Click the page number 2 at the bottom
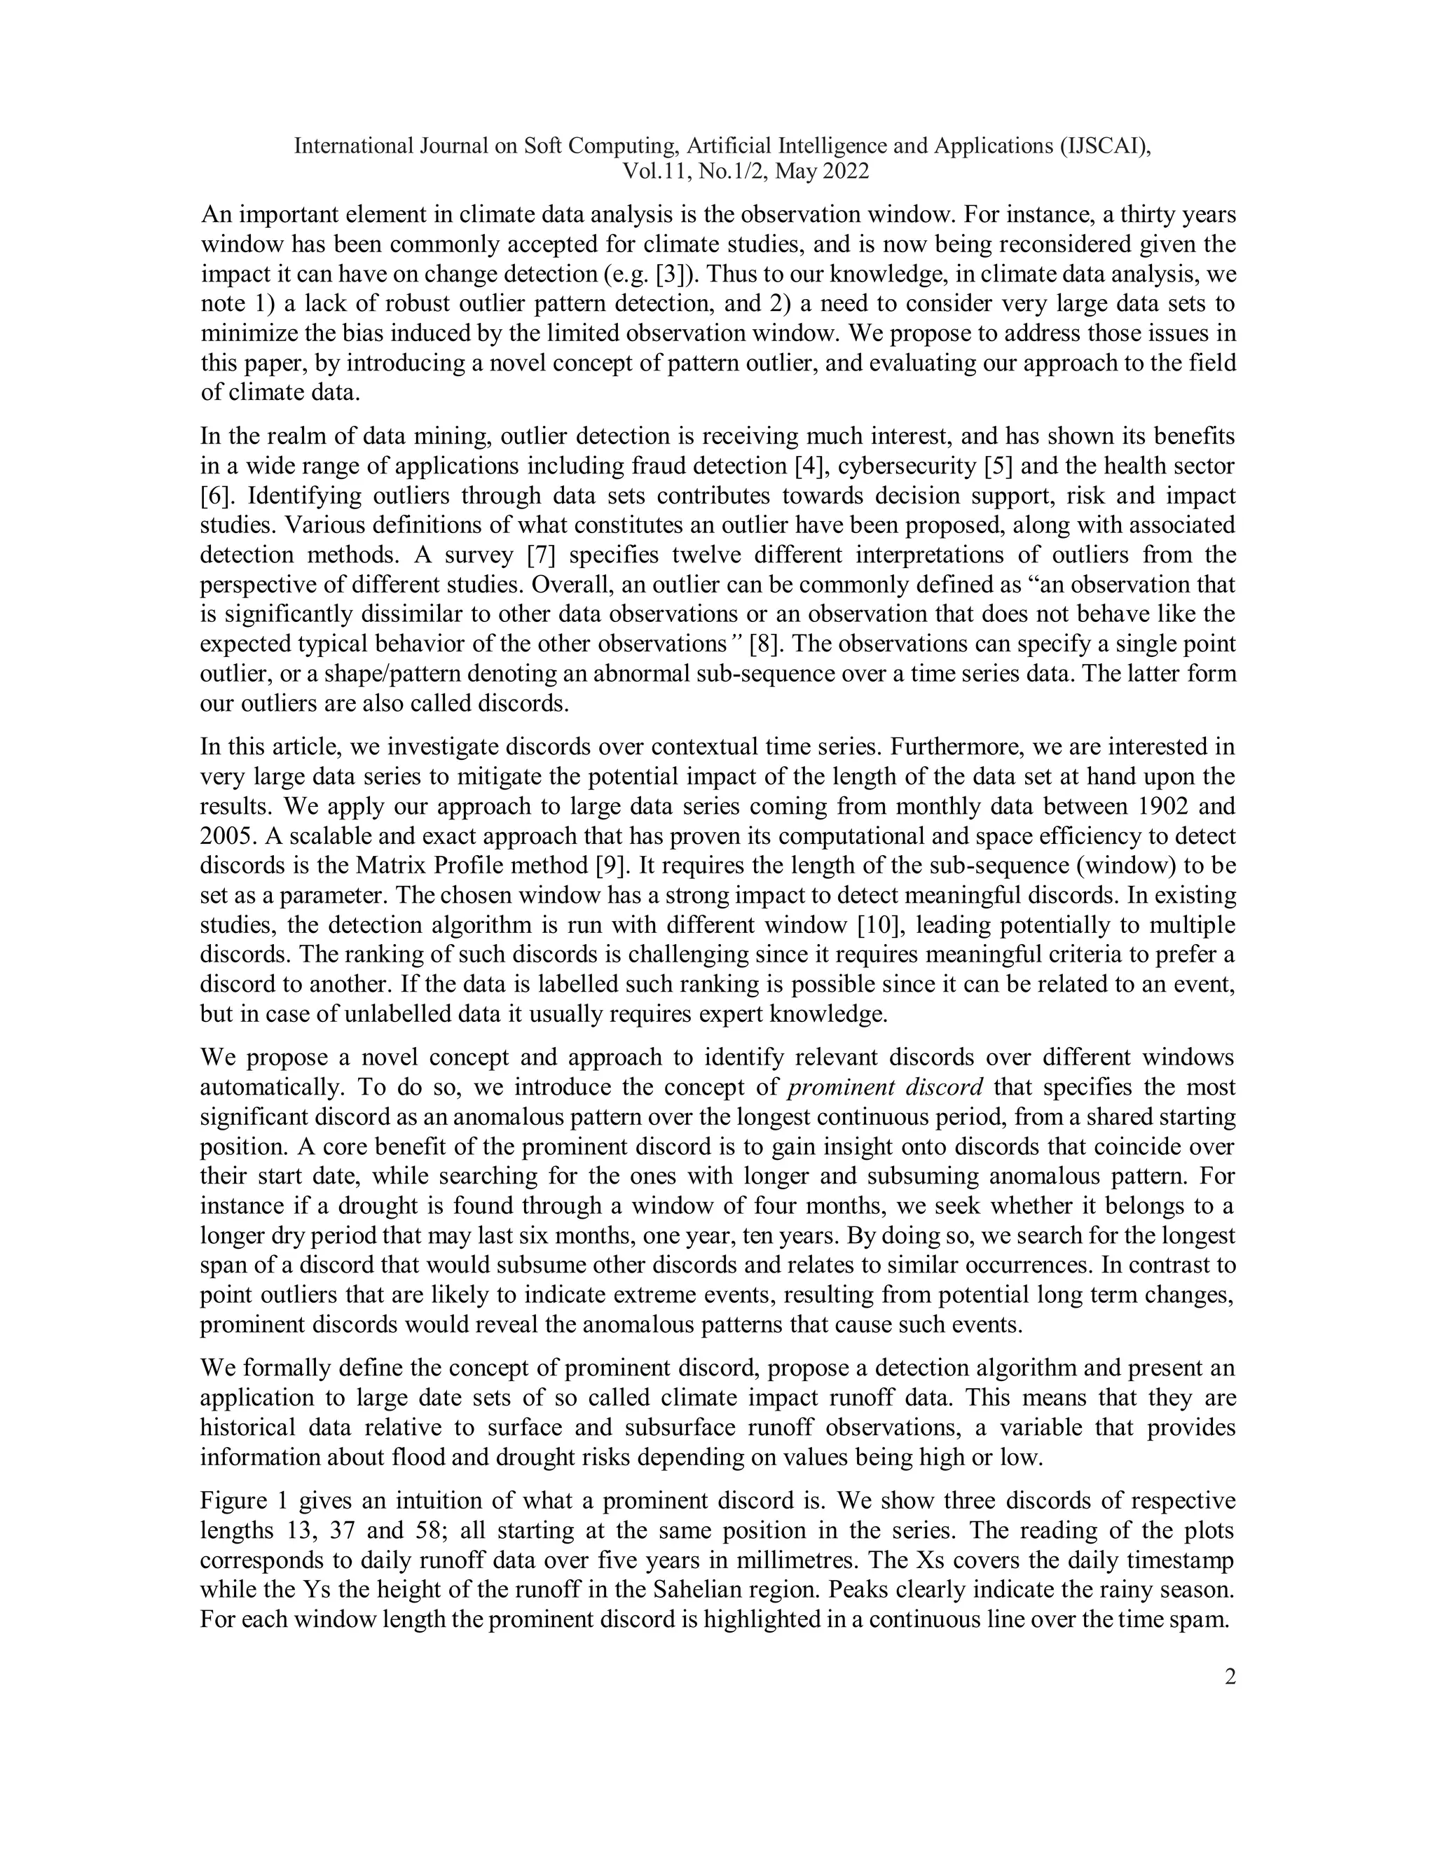pyautogui.click(x=1229, y=1677)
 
